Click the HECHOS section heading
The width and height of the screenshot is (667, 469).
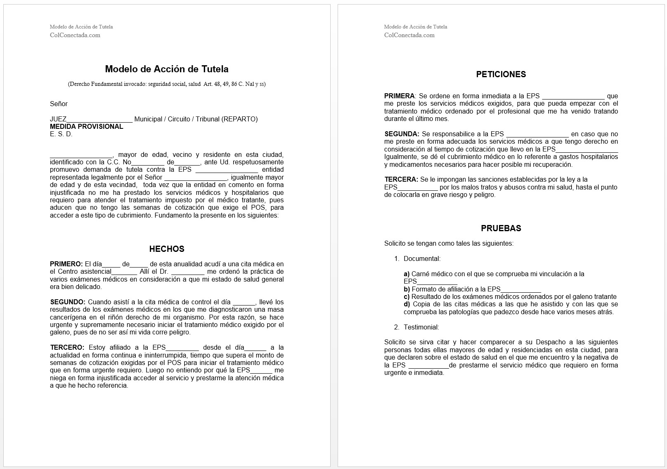(x=167, y=249)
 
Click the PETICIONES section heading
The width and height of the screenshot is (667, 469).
(x=501, y=74)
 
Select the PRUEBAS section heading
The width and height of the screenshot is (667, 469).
(x=501, y=228)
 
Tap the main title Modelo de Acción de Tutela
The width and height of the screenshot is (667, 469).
(x=167, y=69)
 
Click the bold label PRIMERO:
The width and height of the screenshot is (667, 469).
(x=66, y=264)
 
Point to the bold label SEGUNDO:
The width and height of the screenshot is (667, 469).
(x=68, y=302)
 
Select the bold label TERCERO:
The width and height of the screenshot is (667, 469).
(x=67, y=348)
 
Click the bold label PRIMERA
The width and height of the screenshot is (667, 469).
(x=399, y=96)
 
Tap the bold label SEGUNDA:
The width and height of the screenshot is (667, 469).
(x=402, y=134)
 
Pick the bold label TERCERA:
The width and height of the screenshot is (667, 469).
(x=401, y=180)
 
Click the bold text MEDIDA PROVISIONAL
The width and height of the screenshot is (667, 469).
(x=87, y=126)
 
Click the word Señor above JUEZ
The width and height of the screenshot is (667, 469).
(x=59, y=104)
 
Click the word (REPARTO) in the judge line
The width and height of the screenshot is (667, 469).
(x=239, y=119)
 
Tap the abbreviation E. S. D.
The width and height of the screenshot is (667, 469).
(x=61, y=134)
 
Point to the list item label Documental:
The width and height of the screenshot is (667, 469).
(x=422, y=259)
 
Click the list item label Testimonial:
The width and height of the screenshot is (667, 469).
(x=421, y=327)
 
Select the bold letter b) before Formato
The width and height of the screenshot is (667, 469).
(x=407, y=289)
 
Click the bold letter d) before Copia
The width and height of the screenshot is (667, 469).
(x=407, y=305)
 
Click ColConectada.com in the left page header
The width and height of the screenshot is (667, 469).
(x=75, y=35)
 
